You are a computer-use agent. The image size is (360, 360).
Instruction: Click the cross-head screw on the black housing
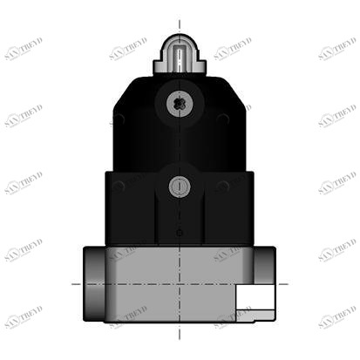180,103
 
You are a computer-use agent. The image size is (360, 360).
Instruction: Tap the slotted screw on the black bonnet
180,186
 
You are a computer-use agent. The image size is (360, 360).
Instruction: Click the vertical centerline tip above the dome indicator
180,23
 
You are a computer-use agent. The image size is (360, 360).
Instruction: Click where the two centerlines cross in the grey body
180,283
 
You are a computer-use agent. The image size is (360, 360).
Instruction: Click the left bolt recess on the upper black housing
119,119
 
